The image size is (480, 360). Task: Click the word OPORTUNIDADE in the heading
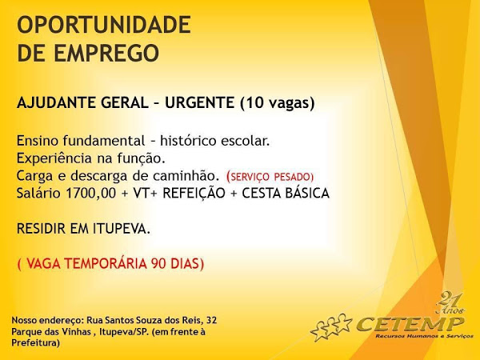(104, 25)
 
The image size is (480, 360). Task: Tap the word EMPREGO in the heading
(106, 53)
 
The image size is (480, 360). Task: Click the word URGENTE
(199, 102)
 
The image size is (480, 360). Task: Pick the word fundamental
(104, 141)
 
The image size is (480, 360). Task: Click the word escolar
(246, 141)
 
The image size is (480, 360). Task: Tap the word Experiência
(54, 158)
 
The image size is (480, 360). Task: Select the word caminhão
(186, 176)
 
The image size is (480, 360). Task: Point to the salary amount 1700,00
(91, 194)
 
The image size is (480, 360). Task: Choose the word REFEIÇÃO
(194, 194)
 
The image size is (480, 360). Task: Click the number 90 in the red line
(158, 263)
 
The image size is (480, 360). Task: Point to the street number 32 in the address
(211, 320)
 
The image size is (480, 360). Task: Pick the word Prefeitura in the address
(34, 342)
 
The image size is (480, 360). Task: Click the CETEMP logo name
(410, 324)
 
